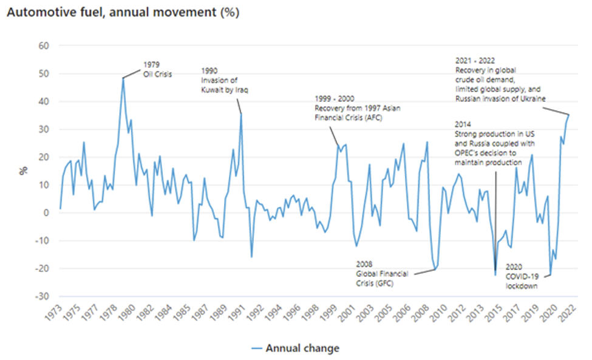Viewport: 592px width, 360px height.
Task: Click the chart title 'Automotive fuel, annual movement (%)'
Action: tap(123, 13)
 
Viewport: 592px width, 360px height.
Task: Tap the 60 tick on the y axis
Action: tap(44, 46)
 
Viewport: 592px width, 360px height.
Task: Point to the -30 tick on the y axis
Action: tap(43, 296)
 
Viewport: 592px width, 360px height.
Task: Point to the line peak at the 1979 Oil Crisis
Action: tap(123, 78)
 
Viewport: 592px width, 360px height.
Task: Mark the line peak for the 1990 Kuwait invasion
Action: tap(241, 114)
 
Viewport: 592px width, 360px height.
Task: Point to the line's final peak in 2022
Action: tap(569, 115)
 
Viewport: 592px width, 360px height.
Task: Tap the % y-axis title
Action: tap(24, 171)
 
